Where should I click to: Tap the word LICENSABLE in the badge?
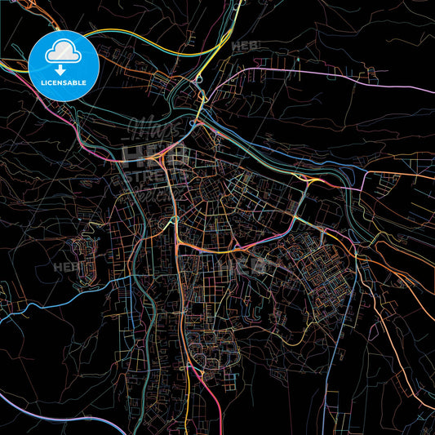[x=64, y=83]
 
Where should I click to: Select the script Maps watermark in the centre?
[x=152, y=131]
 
